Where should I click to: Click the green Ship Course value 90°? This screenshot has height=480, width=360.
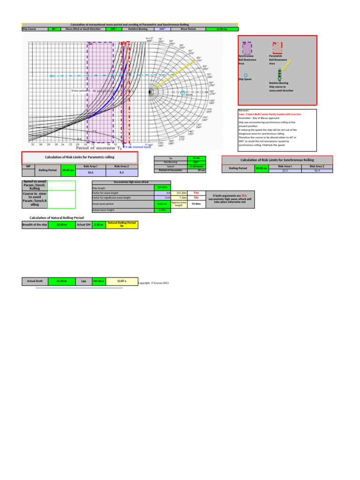pyautogui.click(x=53, y=29)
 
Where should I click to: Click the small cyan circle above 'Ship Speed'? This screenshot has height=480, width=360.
pyautogui.click(x=247, y=75)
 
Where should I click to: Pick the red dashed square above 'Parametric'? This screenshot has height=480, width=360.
pyautogui.click(x=277, y=48)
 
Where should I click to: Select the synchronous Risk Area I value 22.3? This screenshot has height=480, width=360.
pyautogui.click(x=285, y=171)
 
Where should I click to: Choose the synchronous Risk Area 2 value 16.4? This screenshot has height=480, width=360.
pyautogui.click(x=317, y=171)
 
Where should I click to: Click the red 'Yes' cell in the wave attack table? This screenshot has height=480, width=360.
pyautogui.click(x=196, y=193)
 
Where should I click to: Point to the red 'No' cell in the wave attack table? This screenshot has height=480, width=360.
pyautogui.click(x=196, y=198)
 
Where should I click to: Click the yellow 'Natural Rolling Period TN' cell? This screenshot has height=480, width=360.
pyautogui.click(x=122, y=225)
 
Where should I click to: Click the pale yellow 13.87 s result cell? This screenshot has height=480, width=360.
pyautogui.click(x=122, y=281)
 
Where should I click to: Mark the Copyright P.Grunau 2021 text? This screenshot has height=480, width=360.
pyautogui.click(x=153, y=284)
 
